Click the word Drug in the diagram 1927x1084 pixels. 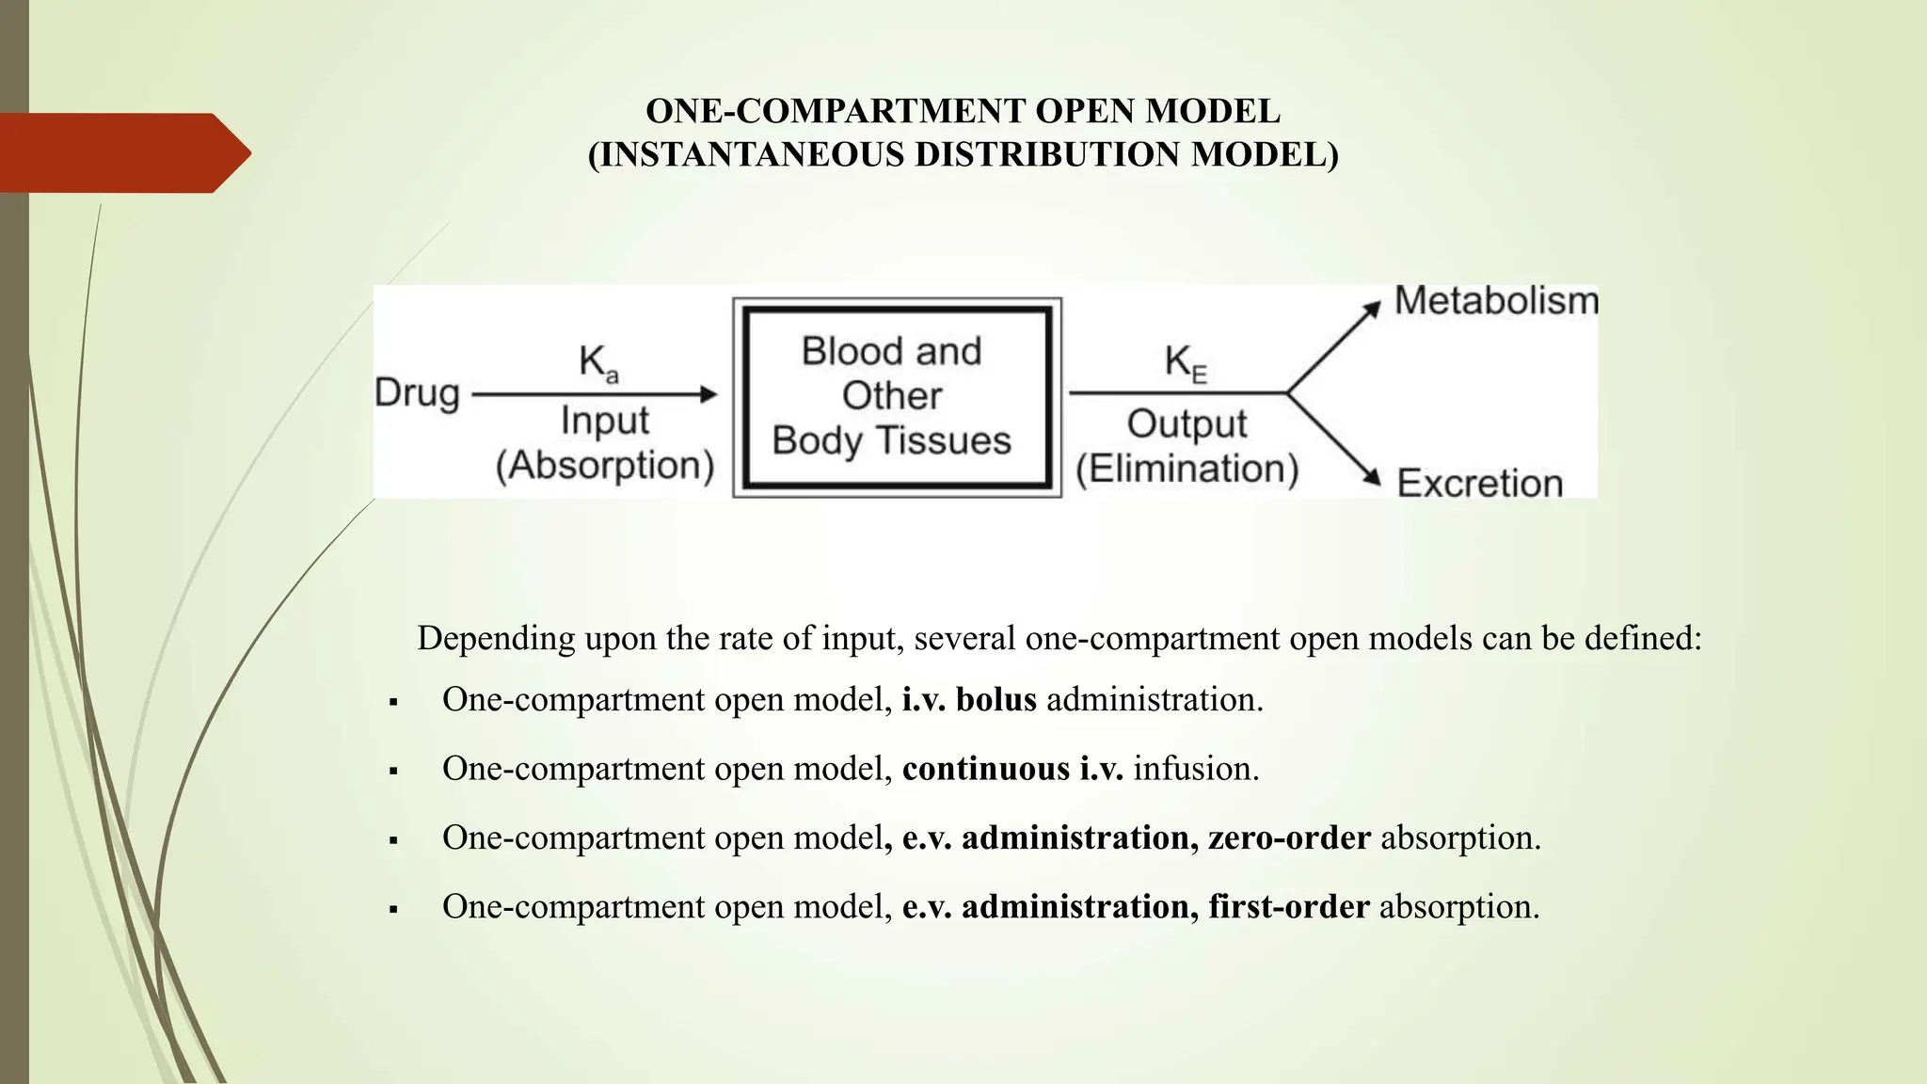[x=417, y=393]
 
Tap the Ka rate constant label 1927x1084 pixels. [x=597, y=363]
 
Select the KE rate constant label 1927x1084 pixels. [x=1185, y=363]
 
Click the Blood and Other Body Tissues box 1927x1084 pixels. [x=897, y=397]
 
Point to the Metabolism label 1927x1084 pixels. [x=1495, y=301]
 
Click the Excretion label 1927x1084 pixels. [x=1479, y=484]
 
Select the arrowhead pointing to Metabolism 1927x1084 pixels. [x=1372, y=308]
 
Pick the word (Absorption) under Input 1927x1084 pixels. [x=605, y=466]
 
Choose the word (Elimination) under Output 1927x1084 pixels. [x=1186, y=469]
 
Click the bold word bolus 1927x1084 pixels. [x=995, y=700]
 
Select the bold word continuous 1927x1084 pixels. [x=985, y=769]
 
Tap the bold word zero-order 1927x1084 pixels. [x=1289, y=837]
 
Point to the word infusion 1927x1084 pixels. [x=1195, y=769]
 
